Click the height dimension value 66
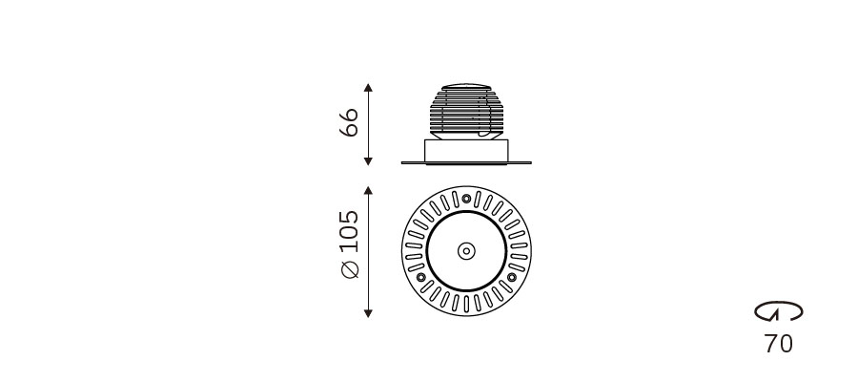349,122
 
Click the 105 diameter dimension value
349,231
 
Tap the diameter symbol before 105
350,269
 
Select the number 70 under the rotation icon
778,344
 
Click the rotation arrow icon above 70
779,310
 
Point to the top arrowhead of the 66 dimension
368,88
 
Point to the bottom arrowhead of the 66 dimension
368,161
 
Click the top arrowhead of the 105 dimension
368,190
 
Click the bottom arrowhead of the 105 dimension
368,313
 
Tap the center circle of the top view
466,251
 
